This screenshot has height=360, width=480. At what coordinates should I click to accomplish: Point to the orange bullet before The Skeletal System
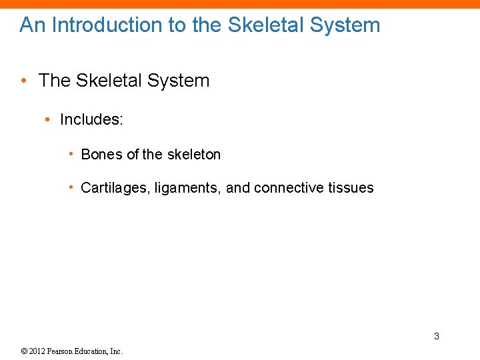pos(25,81)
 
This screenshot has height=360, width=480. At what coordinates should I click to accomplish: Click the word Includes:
pos(91,119)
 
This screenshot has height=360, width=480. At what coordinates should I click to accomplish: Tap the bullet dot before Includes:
pos(48,119)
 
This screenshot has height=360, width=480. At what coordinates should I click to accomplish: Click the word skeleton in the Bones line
pos(193,155)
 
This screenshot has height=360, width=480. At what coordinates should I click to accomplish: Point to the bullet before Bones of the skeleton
pos(71,154)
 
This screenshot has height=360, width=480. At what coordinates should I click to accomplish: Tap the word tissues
pos(351,188)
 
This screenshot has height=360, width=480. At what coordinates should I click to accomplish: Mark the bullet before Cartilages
pos(71,187)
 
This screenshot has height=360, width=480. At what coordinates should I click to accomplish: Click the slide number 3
pos(437,336)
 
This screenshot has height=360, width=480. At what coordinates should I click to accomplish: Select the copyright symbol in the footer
pos(24,351)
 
